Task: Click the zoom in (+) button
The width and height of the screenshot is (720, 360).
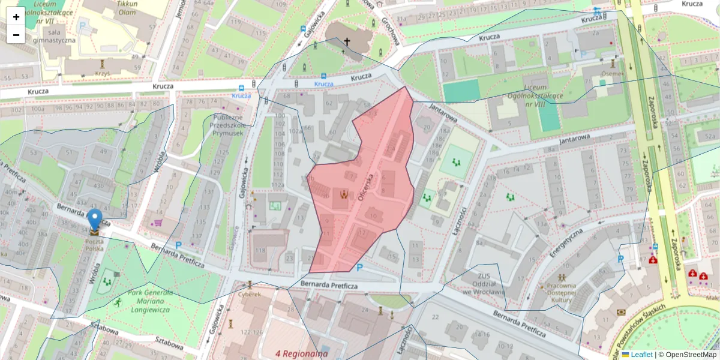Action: point(16,17)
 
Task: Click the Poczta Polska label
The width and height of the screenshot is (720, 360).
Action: point(94,244)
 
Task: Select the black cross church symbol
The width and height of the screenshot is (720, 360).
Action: point(347,42)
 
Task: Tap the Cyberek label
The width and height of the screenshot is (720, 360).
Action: point(249,294)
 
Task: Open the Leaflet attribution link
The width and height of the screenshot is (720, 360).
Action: point(641,355)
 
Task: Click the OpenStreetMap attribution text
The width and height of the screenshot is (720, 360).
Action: point(688,355)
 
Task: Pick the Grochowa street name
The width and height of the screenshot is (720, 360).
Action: point(389,29)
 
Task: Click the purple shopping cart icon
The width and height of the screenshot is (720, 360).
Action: point(158,222)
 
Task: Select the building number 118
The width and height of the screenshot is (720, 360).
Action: point(260,250)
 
